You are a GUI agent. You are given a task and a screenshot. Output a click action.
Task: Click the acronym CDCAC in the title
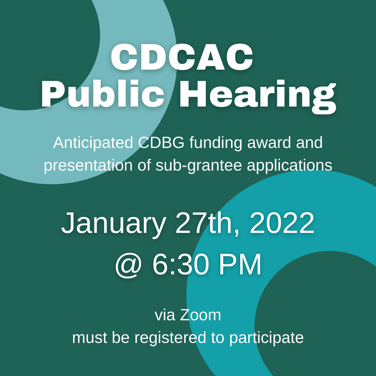point(182,58)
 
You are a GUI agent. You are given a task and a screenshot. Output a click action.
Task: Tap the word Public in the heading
point(103,94)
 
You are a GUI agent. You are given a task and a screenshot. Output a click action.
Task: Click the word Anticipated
point(93,143)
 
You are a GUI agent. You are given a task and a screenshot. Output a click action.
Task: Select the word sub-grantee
point(199,166)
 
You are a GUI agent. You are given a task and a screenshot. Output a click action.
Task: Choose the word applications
point(289,166)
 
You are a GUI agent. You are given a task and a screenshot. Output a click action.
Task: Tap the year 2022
point(282,223)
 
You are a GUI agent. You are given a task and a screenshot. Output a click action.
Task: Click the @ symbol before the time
point(128,265)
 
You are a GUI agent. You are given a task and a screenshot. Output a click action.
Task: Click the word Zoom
point(201,315)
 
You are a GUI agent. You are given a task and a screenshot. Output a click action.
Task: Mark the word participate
point(266,338)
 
